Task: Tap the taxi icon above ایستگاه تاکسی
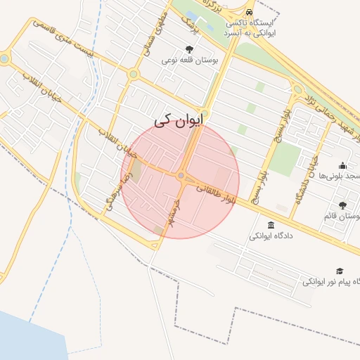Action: click(250, 11)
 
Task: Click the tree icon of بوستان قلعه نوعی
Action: click(189, 49)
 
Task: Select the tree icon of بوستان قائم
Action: click(342, 205)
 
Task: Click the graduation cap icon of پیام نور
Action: click(340, 271)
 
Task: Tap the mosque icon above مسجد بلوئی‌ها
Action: click(342, 165)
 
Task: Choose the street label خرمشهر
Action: click(169, 211)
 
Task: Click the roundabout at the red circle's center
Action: click(181, 176)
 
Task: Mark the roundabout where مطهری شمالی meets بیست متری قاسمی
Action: click(134, 73)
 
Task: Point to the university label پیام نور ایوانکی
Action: click(332, 281)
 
